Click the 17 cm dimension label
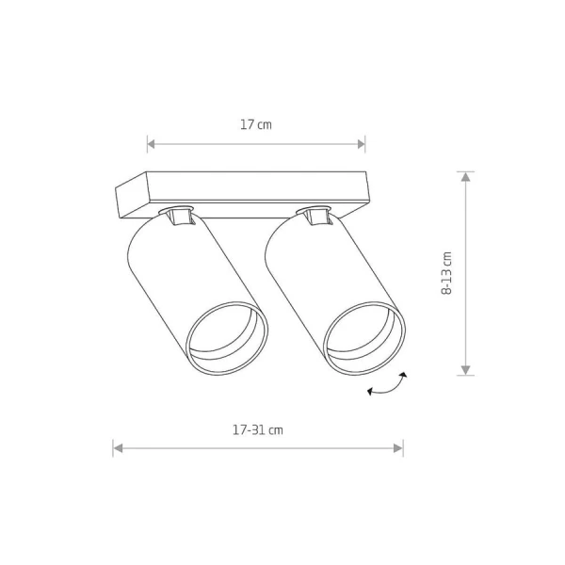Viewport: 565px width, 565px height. coord(256,124)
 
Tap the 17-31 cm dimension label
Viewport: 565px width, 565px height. coord(258,430)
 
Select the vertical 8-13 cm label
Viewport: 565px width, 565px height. coord(446,273)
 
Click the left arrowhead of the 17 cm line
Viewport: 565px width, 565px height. coord(151,144)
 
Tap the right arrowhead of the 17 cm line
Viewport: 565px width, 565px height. coord(361,144)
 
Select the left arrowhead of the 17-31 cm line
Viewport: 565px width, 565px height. coord(118,448)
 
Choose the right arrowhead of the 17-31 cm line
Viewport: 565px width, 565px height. coord(398,448)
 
